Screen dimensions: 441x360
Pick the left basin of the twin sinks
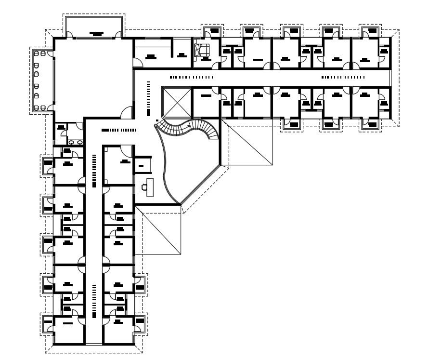click(72, 142)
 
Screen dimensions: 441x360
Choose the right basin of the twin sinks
click(79, 142)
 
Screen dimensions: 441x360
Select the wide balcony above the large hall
click(94, 27)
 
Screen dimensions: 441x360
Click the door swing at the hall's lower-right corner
click(126, 112)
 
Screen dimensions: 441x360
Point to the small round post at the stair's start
click(157, 120)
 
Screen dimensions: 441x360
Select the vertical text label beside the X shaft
click(148, 98)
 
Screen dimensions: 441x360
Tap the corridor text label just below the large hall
click(118, 130)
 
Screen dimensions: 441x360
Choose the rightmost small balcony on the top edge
click(369, 31)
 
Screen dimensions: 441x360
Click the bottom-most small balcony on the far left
click(48, 323)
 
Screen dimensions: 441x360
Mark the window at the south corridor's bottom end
click(94, 344)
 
